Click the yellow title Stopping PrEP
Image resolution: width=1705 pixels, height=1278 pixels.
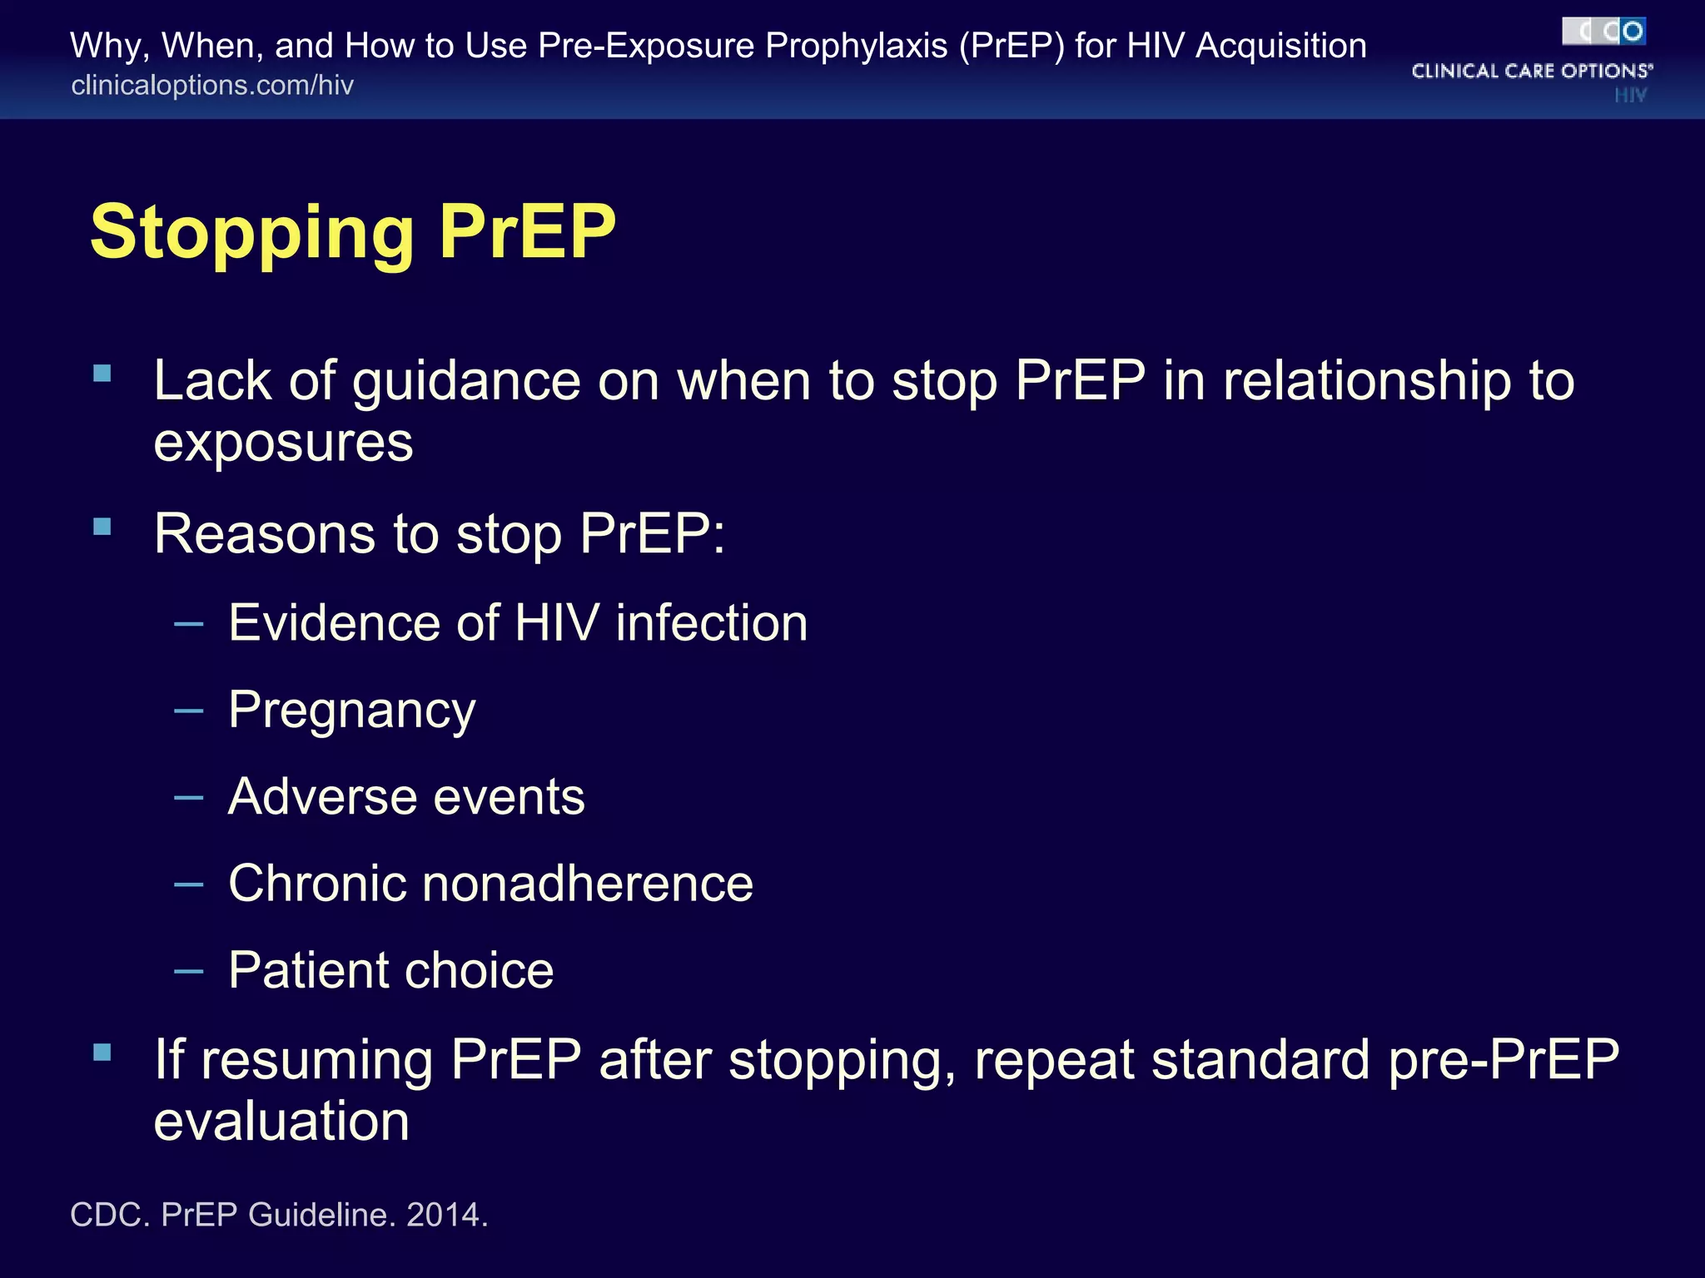tap(353, 232)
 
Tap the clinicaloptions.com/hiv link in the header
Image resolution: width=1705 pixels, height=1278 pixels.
tap(212, 85)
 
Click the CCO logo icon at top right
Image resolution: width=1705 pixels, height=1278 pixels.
tap(1603, 32)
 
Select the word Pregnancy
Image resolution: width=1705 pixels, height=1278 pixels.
tap(352, 711)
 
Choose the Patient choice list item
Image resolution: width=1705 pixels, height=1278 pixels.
tap(391, 970)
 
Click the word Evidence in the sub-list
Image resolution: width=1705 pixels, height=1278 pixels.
tap(333, 623)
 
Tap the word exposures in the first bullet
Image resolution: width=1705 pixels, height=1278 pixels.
tap(283, 443)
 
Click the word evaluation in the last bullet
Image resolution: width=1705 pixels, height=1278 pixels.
tap(281, 1121)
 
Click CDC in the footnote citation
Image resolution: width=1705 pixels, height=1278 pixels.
tap(107, 1215)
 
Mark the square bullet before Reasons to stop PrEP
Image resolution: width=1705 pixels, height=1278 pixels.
tap(102, 527)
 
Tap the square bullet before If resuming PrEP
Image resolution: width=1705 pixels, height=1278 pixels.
tap(102, 1053)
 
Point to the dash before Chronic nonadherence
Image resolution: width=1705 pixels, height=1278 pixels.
tap(189, 884)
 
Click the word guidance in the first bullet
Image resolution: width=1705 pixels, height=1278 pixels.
tap(466, 383)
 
